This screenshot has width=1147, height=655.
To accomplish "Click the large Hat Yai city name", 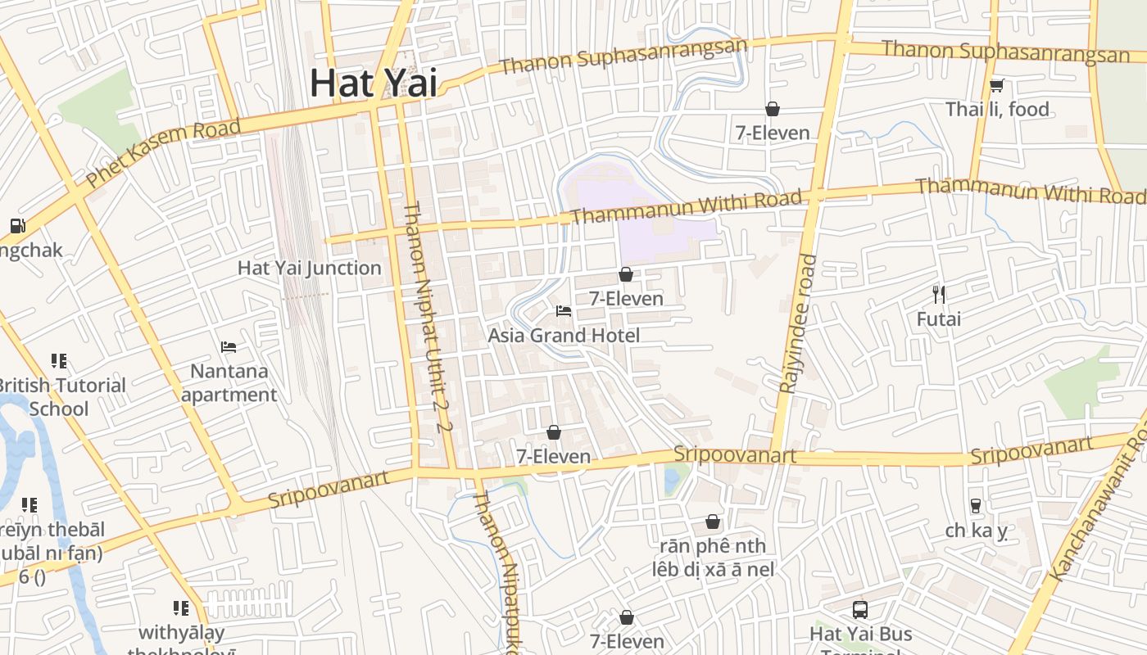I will (374, 84).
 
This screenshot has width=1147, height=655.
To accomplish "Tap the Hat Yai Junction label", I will (310, 268).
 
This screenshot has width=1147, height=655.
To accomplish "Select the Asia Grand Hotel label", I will (564, 335).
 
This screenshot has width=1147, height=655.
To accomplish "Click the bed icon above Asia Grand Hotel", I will (564, 311).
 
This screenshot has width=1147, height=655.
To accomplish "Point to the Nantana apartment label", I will (229, 382).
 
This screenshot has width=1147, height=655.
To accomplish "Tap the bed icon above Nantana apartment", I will (229, 347).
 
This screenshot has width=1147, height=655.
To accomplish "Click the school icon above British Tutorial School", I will (58, 360).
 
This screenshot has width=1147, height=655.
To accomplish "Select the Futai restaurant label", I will (939, 318).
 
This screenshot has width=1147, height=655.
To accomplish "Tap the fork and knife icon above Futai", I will (939, 294).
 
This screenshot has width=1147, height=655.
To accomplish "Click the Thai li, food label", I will (997, 109).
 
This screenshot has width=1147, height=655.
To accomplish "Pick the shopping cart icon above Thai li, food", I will (997, 85).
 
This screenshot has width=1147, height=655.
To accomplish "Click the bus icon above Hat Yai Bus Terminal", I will (860, 609).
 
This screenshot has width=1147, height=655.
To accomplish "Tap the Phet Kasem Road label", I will (164, 152).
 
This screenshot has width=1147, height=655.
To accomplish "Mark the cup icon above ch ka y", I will (975, 506).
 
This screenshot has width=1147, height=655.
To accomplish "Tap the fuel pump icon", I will (17, 226).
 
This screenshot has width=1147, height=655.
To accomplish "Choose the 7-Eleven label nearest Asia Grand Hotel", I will (627, 299).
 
